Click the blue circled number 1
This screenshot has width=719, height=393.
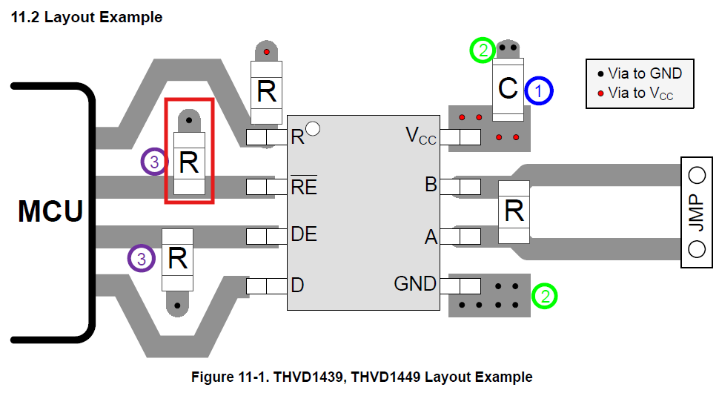[539, 90]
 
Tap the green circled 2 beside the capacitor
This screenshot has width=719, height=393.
[483, 50]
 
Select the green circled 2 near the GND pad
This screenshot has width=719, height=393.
[544, 296]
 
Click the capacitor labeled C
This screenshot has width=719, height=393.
[508, 89]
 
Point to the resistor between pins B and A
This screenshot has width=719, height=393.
[514, 212]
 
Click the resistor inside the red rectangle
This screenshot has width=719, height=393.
[189, 163]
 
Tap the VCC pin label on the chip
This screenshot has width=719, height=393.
[420, 136]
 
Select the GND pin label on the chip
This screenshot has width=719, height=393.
[415, 284]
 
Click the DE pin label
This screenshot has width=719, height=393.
[304, 234]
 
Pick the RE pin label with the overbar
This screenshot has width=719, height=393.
[304, 185]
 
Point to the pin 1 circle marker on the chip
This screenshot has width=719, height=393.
[313, 129]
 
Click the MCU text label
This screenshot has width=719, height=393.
[50, 211]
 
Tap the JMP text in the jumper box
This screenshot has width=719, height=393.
[696, 212]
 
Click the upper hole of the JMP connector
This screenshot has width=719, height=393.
[697, 175]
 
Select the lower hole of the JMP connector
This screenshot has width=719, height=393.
[697, 249]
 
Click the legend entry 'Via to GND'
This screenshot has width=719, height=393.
[640, 73]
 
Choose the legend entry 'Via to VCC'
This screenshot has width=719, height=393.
[635, 93]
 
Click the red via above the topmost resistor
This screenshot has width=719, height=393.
[266, 52]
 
